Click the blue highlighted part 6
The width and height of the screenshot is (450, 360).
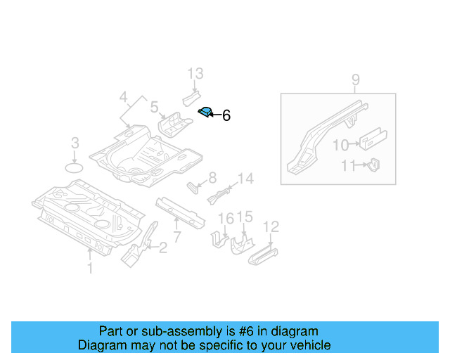[205, 111]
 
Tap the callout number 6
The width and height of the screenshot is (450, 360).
[226, 116]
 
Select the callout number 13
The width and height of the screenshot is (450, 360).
[195, 73]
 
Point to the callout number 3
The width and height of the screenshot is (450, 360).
[75, 145]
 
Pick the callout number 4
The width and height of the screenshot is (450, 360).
[123, 97]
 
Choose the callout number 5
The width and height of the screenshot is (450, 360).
[154, 108]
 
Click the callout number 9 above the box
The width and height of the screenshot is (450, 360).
[356, 79]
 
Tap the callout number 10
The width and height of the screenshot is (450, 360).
[340, 145]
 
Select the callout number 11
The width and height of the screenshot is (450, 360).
[348, 166]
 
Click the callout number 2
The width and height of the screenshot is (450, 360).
[163, 247]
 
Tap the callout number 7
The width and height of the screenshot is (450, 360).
[177, 236]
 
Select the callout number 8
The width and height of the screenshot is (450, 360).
[212, 179]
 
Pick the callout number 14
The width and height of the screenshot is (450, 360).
[245, 179]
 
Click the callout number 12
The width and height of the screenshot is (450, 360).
[271, 226]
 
